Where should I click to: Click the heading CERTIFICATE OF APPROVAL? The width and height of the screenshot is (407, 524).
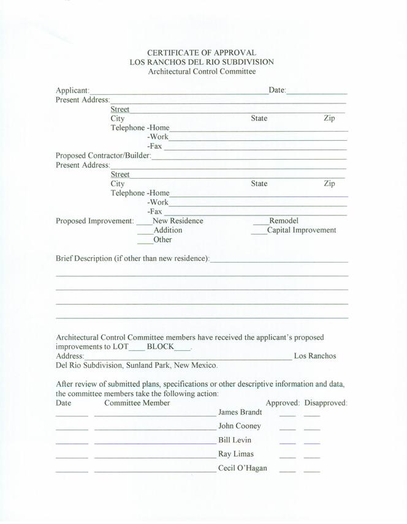coord(202,53)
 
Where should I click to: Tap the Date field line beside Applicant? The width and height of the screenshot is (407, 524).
coord(317,92)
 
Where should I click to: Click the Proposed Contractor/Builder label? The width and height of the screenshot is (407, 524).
coord(103,155)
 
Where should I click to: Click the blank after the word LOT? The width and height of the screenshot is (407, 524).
coord(137,349)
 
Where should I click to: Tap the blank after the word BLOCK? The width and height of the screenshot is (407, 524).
coord(183,349)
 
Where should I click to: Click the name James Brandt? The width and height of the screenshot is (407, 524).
coord(240,413)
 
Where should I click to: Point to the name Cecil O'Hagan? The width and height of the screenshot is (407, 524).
coord(242,469)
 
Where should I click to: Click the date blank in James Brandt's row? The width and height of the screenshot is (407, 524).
coord(72,415)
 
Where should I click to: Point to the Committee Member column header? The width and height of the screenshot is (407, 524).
coord(137,403)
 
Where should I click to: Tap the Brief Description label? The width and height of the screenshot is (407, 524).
coord(132,258)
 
